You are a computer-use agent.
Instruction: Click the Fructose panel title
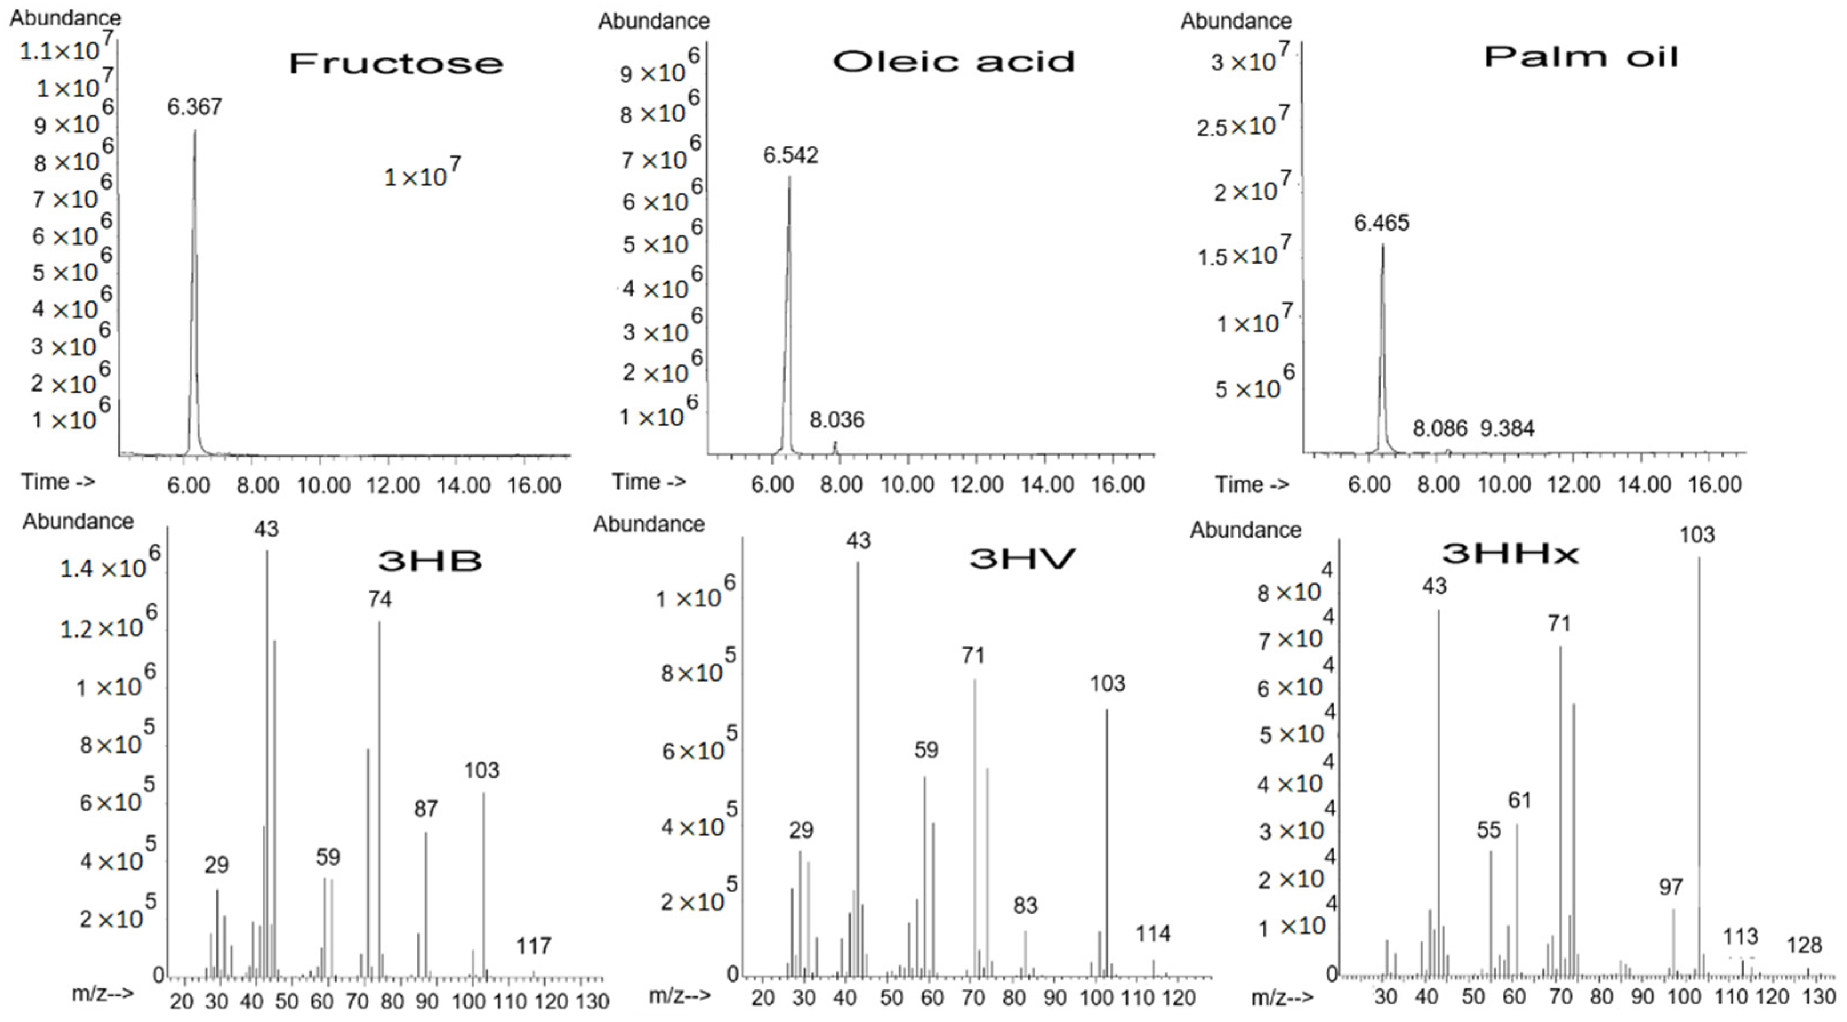(x=396, y=63)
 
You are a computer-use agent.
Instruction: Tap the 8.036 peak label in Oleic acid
(x=837, y=420)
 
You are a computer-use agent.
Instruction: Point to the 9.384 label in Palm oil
(x=1507, y=429)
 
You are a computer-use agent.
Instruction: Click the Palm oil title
(x=1580, y=57)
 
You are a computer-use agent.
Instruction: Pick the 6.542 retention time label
(x=790, y=155)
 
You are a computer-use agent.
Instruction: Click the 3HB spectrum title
(x=429, y=560)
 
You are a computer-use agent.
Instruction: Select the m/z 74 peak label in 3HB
(x=380, y=599)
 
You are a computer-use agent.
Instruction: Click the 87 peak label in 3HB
(x=425, y=809)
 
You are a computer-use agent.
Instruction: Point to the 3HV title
(x=1022, y=558)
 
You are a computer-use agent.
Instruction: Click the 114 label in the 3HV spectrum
(x=1152, y=933)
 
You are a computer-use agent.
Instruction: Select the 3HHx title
(x=1510, y=553)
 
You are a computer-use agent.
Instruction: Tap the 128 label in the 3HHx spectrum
(x=1804, y=945)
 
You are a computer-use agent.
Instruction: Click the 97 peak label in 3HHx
(x=1670, y=887)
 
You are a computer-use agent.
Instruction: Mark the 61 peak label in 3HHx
(x=1519, y=800)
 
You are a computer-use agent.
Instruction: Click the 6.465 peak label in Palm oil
(x=1381, y=223)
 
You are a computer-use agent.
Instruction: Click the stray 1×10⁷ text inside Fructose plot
(x=421, y=174)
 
